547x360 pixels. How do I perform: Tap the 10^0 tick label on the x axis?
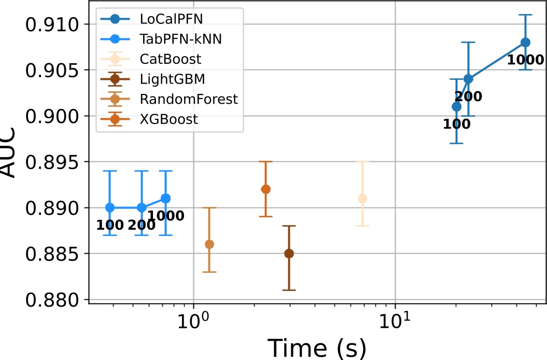click(193, 324)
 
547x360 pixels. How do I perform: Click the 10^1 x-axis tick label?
click(395, 324)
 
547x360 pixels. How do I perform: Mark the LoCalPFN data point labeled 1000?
click(525, 43)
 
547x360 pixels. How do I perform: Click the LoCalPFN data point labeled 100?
click(456, 107)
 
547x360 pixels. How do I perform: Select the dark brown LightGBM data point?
click(289, 254)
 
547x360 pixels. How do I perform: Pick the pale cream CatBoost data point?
click(362, 199)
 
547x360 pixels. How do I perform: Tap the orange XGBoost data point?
click(265, 189)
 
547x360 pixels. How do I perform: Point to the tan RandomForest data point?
click(209, 244)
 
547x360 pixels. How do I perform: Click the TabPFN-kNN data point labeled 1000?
click(165, 198)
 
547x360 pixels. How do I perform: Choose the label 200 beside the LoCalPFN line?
click(468, 96)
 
